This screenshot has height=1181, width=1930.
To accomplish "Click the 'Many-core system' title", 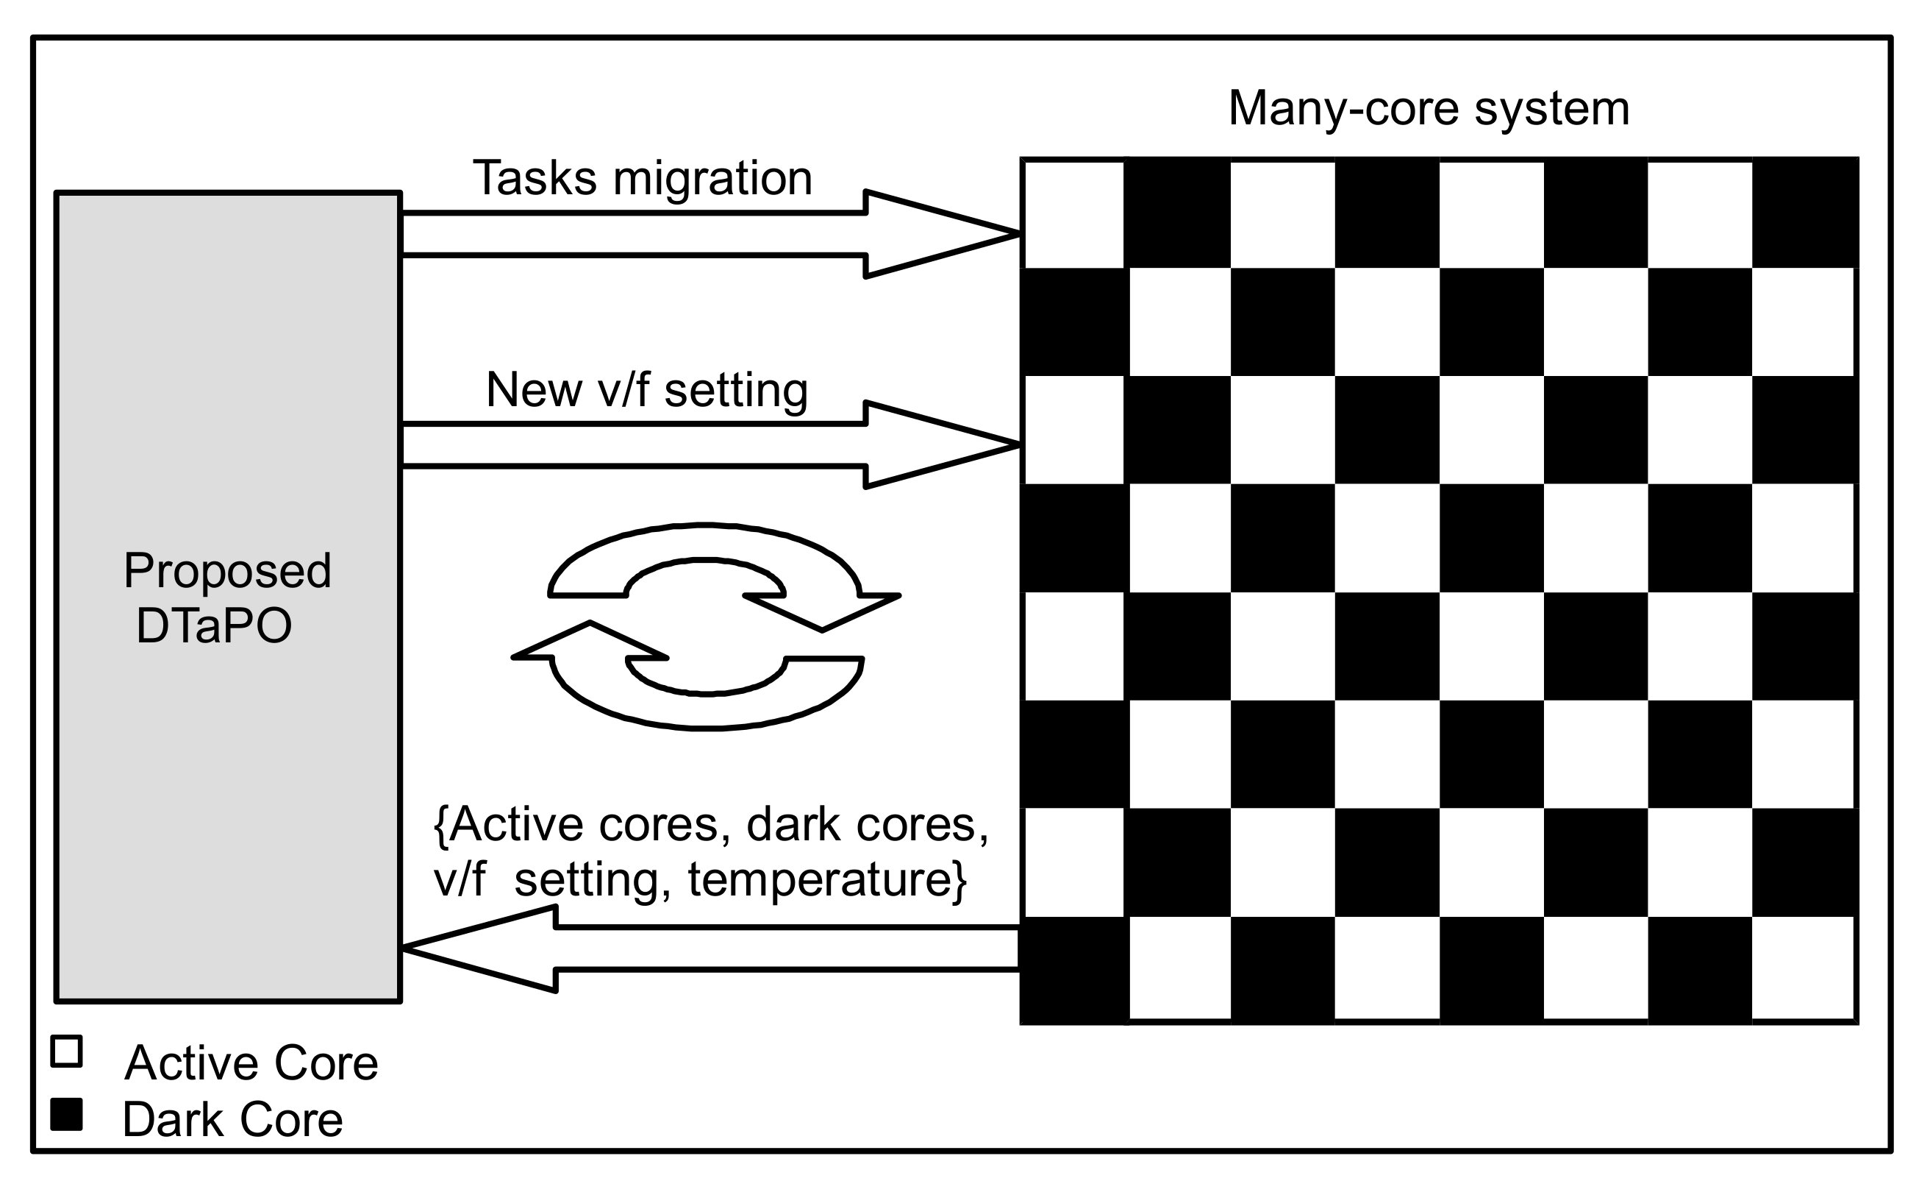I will [1428, 108].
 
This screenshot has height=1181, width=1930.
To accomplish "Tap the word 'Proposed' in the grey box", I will [227, 572].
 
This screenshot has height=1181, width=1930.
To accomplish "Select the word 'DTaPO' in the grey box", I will [214, 626].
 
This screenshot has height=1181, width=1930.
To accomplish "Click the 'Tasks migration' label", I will [643, 178].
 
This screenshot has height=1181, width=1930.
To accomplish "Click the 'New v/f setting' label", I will [646, 389].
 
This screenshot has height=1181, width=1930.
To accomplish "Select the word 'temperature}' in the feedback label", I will [827, 879].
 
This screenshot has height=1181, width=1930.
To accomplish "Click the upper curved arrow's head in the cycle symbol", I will [830, 610].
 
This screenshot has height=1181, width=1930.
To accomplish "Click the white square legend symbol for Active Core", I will [67, 1051].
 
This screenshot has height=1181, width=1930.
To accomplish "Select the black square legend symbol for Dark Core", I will [67, 1114].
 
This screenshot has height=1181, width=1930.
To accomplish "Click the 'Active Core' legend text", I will [251, 1063].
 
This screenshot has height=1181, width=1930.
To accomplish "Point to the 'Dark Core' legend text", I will [232, 1120].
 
